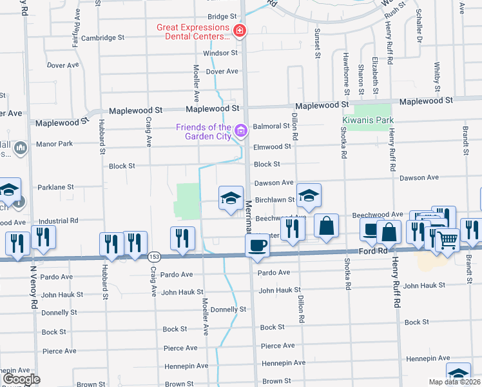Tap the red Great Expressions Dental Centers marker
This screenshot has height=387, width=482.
240,30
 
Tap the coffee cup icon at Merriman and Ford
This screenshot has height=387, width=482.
257,246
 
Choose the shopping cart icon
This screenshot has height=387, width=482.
447,240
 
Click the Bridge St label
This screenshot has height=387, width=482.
223,17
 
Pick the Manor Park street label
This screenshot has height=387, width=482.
54,144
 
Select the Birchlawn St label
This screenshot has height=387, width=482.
275,200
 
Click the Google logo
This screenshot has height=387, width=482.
21,379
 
